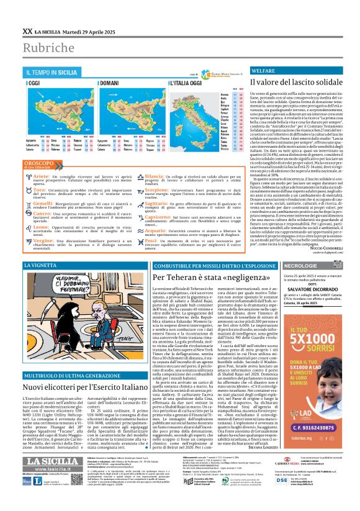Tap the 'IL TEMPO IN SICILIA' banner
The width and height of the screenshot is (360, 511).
[x=52, y=73]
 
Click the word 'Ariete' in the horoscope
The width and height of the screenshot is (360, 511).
[x=41, y=176]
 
